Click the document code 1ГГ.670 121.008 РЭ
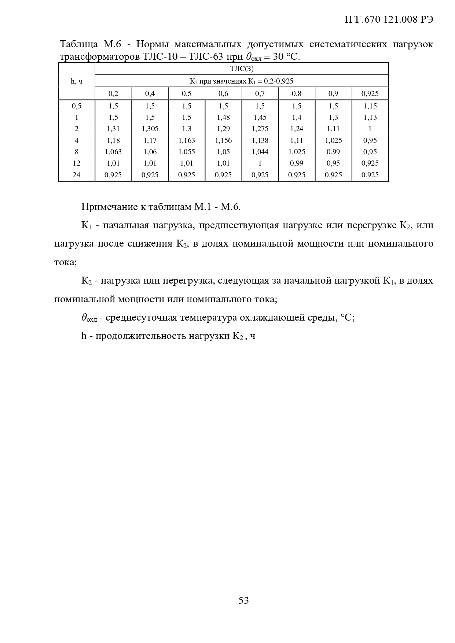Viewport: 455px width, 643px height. point(389,20)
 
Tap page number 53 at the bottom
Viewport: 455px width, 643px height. point(243,600)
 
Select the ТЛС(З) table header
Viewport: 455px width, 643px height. point(242,69)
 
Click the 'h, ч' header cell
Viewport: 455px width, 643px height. point(76,81)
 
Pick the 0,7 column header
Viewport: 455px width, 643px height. point(260,93)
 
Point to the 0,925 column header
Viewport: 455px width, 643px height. point(370,93)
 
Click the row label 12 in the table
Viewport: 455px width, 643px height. point(76,163)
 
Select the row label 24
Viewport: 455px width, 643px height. point(76,175)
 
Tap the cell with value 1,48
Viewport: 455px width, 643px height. point(223,117)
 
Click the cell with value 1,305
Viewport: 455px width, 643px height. point(150,129)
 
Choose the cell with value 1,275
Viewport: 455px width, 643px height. point(260,129)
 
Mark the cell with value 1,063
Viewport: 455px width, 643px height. point(113,152)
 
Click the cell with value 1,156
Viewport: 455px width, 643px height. point(223,140)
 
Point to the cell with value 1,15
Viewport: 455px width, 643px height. point(370,106)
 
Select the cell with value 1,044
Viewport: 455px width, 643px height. point(260,152)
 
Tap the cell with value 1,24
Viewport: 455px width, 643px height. point(297,129)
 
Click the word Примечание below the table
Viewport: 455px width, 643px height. point(109,207)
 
